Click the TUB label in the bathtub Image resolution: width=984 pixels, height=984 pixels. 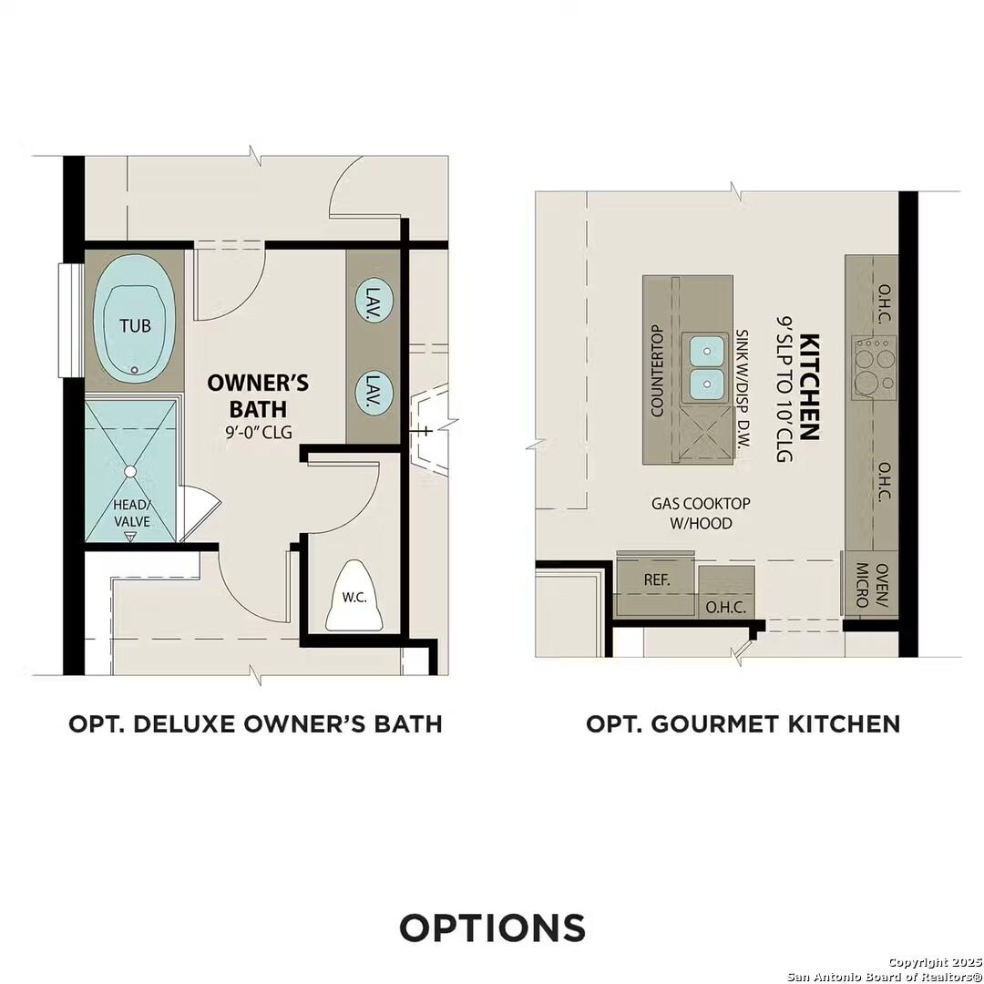coord(135,324)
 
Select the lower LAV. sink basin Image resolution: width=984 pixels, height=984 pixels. coord(374,393)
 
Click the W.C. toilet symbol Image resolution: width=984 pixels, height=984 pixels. coord(354,597)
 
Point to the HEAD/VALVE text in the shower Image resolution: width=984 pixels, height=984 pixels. coord(129,513)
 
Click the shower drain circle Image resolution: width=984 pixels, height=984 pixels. coord(130,471)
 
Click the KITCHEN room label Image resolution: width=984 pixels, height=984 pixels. coord(808,387)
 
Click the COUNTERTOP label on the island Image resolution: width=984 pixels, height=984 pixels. coord(656,370)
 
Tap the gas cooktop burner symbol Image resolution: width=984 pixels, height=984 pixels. coord(874,367)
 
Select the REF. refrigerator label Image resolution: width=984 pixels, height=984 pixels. coord(657,579)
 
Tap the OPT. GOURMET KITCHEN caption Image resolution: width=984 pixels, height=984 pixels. coord(743,723)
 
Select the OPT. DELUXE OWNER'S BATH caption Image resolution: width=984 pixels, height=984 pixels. coord(255,723)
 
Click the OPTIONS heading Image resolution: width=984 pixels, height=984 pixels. coord(492,928)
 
